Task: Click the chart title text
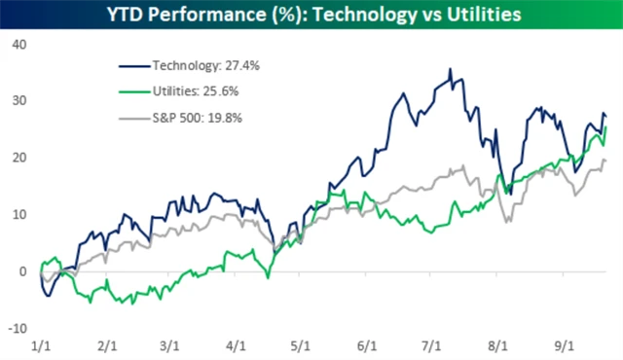pyautogui.click(x=311, y=14)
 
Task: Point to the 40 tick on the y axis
pyautogui.click(x=18, y=45)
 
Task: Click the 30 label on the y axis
pyautogui.click(x=18, y=101)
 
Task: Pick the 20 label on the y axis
pyautogui.click(x=18, y=158)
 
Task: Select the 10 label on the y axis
pyautogui.click(x=18, y=214)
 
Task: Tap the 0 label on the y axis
pyautogui.click(x=21, y=271)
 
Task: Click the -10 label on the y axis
pyautogui.click(x=17, y=328)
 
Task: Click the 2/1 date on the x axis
pyautogui.click(x=108, y=346)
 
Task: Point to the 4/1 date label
pyautogui.click(x=235, y=346)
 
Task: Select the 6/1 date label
pyautogui.click(x=367, y=346)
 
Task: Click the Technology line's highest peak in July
pyautogui.click(x=449, y=70)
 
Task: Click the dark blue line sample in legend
pyautogui.click(x=134, y=65)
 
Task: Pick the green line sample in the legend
pyautogui.click(x=134, y=90)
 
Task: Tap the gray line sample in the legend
pyautogui.click(x=134, y=117)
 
